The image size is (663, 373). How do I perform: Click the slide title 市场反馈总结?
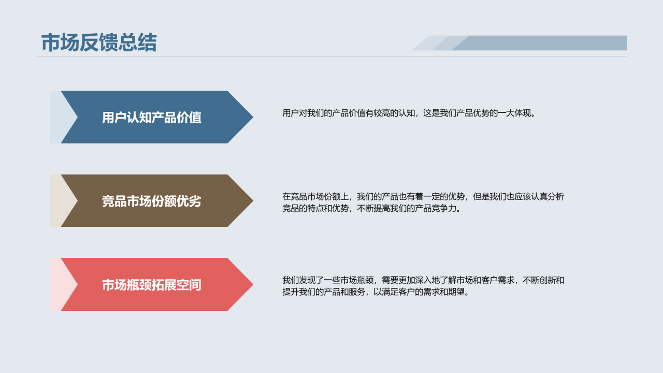(x=98, y=43)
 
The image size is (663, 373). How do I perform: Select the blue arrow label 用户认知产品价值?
(x=151, y=118)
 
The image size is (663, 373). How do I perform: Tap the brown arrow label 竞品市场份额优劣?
(x=151, y=201)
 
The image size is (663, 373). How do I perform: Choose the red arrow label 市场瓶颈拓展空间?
(x=151, y=285)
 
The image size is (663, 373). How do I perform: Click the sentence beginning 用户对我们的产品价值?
(x=409, y=113)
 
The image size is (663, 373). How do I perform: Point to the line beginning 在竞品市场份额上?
(x=423, y=197)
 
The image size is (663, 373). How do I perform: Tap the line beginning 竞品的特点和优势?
(x=371, y=209)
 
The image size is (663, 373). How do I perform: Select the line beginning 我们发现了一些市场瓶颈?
(x=423, y=280)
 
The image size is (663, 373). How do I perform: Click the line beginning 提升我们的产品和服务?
(x=376, y=292)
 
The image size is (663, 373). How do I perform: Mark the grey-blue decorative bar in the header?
(x=539, y=43)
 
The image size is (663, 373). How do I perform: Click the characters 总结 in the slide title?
(x=137, y=43)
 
